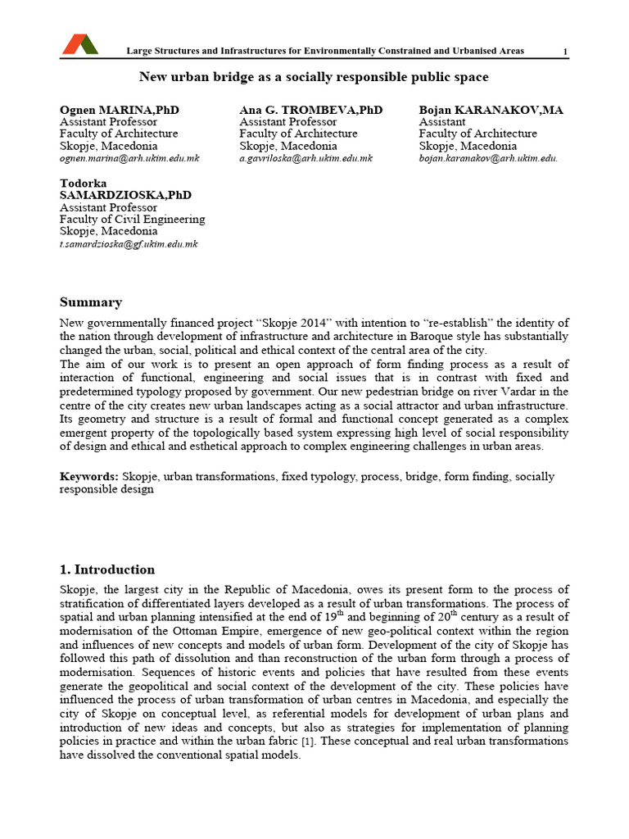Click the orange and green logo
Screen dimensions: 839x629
(79, 44)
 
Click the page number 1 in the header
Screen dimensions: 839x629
(565, 52)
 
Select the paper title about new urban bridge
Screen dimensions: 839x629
(314, 77)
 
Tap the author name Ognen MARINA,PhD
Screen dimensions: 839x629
(120, 110)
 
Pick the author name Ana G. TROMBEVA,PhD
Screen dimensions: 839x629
(310, 110)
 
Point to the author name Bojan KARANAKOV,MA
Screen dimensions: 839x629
(491, 110)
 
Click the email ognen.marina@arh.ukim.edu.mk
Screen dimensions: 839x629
(129, 158)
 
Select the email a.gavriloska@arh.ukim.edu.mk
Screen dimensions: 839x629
(305, 158)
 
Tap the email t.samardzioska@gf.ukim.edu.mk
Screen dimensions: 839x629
(129, 243)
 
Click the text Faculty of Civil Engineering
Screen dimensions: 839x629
(132, 219)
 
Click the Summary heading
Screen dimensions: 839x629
(91, 302)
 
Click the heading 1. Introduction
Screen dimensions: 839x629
(107, 569)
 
